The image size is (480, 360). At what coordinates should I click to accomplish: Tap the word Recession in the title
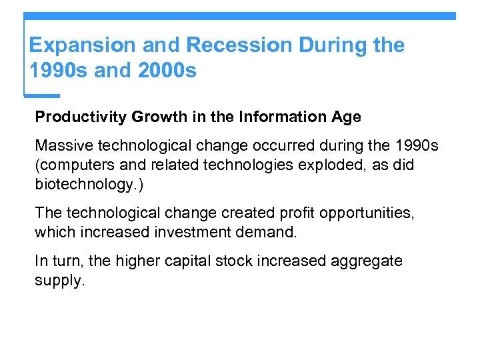[239, 45]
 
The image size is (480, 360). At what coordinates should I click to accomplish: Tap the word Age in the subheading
[346, 117]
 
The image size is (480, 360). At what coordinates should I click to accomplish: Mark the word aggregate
[367, 261]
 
